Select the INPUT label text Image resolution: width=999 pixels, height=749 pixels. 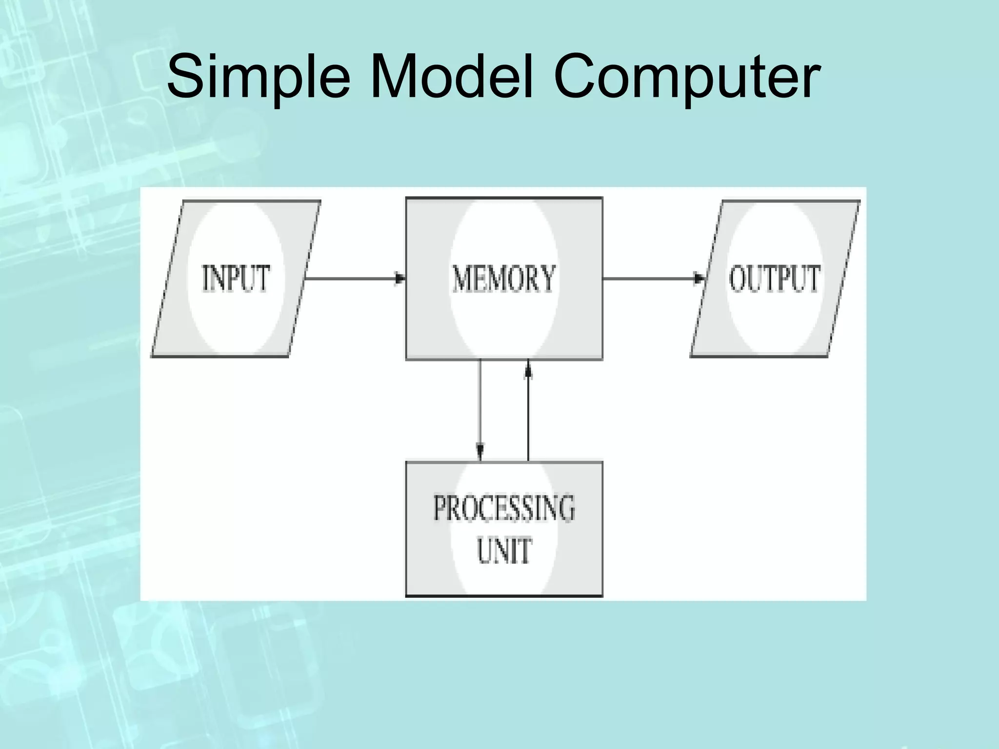click(236, 278)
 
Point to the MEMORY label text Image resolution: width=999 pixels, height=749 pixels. click(504, 278)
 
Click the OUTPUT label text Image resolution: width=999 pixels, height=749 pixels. click(774, 278)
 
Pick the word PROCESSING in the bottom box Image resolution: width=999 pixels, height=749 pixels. click(504, 508)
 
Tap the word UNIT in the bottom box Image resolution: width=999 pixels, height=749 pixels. click(504, 551)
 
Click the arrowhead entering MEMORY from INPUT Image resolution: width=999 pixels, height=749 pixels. click(400, 279)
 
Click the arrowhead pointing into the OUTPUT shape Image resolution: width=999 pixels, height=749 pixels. click(699, 279)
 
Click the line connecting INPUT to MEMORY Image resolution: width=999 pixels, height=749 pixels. click(351, 279)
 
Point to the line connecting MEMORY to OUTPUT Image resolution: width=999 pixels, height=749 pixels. click(649, 279)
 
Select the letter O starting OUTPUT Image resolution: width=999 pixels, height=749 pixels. click(738, 278)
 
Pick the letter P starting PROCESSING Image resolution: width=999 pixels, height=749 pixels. click(440, 508)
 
